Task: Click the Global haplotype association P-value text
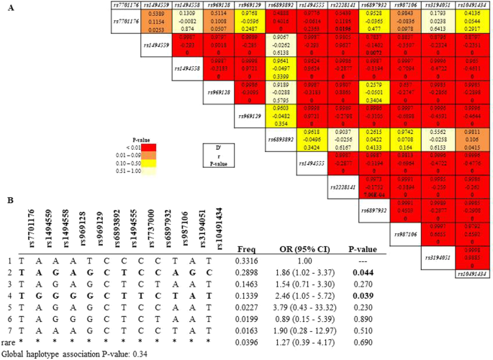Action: [61, 354]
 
